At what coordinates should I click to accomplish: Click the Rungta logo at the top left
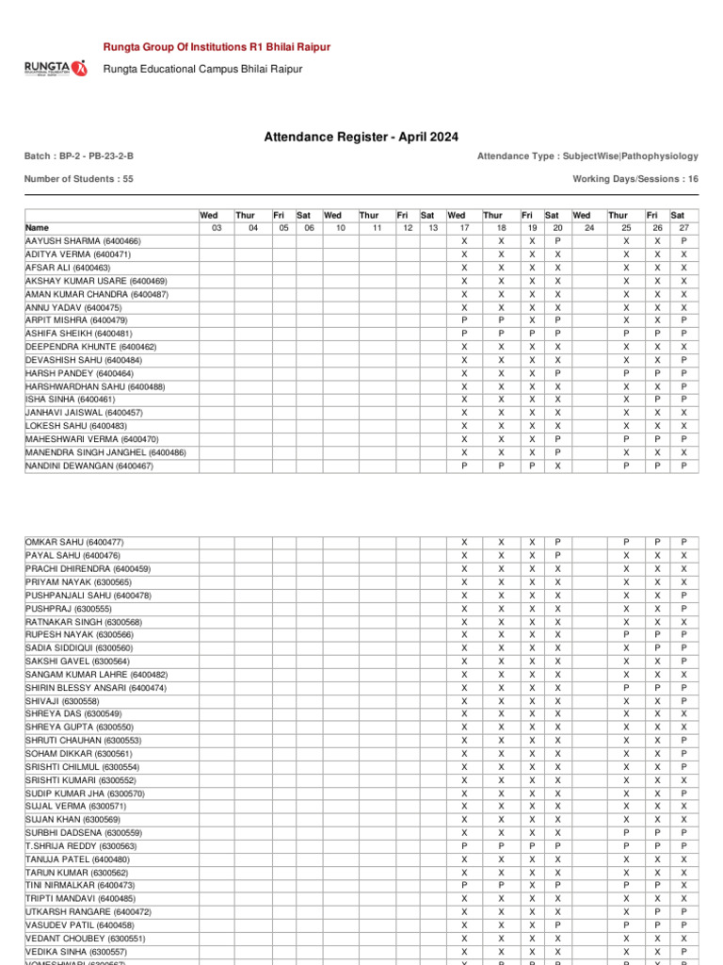click(x=54, y=68)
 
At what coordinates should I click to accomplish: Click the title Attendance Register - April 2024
click(x=361, y=138)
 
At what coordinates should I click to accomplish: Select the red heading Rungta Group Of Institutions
click(x=216, y=46)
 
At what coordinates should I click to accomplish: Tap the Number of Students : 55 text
click(x=78, y=178)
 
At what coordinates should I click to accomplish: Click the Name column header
click(x=37, y=228)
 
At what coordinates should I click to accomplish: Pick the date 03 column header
click(x=216, y=228)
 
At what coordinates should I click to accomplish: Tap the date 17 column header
click(x=463, y=228)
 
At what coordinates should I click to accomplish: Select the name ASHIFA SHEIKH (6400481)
click(x=78, y=334)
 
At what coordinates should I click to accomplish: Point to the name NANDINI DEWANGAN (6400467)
click(x=88, y=466)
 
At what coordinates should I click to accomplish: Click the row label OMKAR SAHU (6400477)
click(x=74, y=543)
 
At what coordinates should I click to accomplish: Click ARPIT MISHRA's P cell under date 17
click(x=463, y=320)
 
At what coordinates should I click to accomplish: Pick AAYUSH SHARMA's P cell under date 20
click(x=557, y=241)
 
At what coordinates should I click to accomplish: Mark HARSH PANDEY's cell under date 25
click(x=625, y=373)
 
